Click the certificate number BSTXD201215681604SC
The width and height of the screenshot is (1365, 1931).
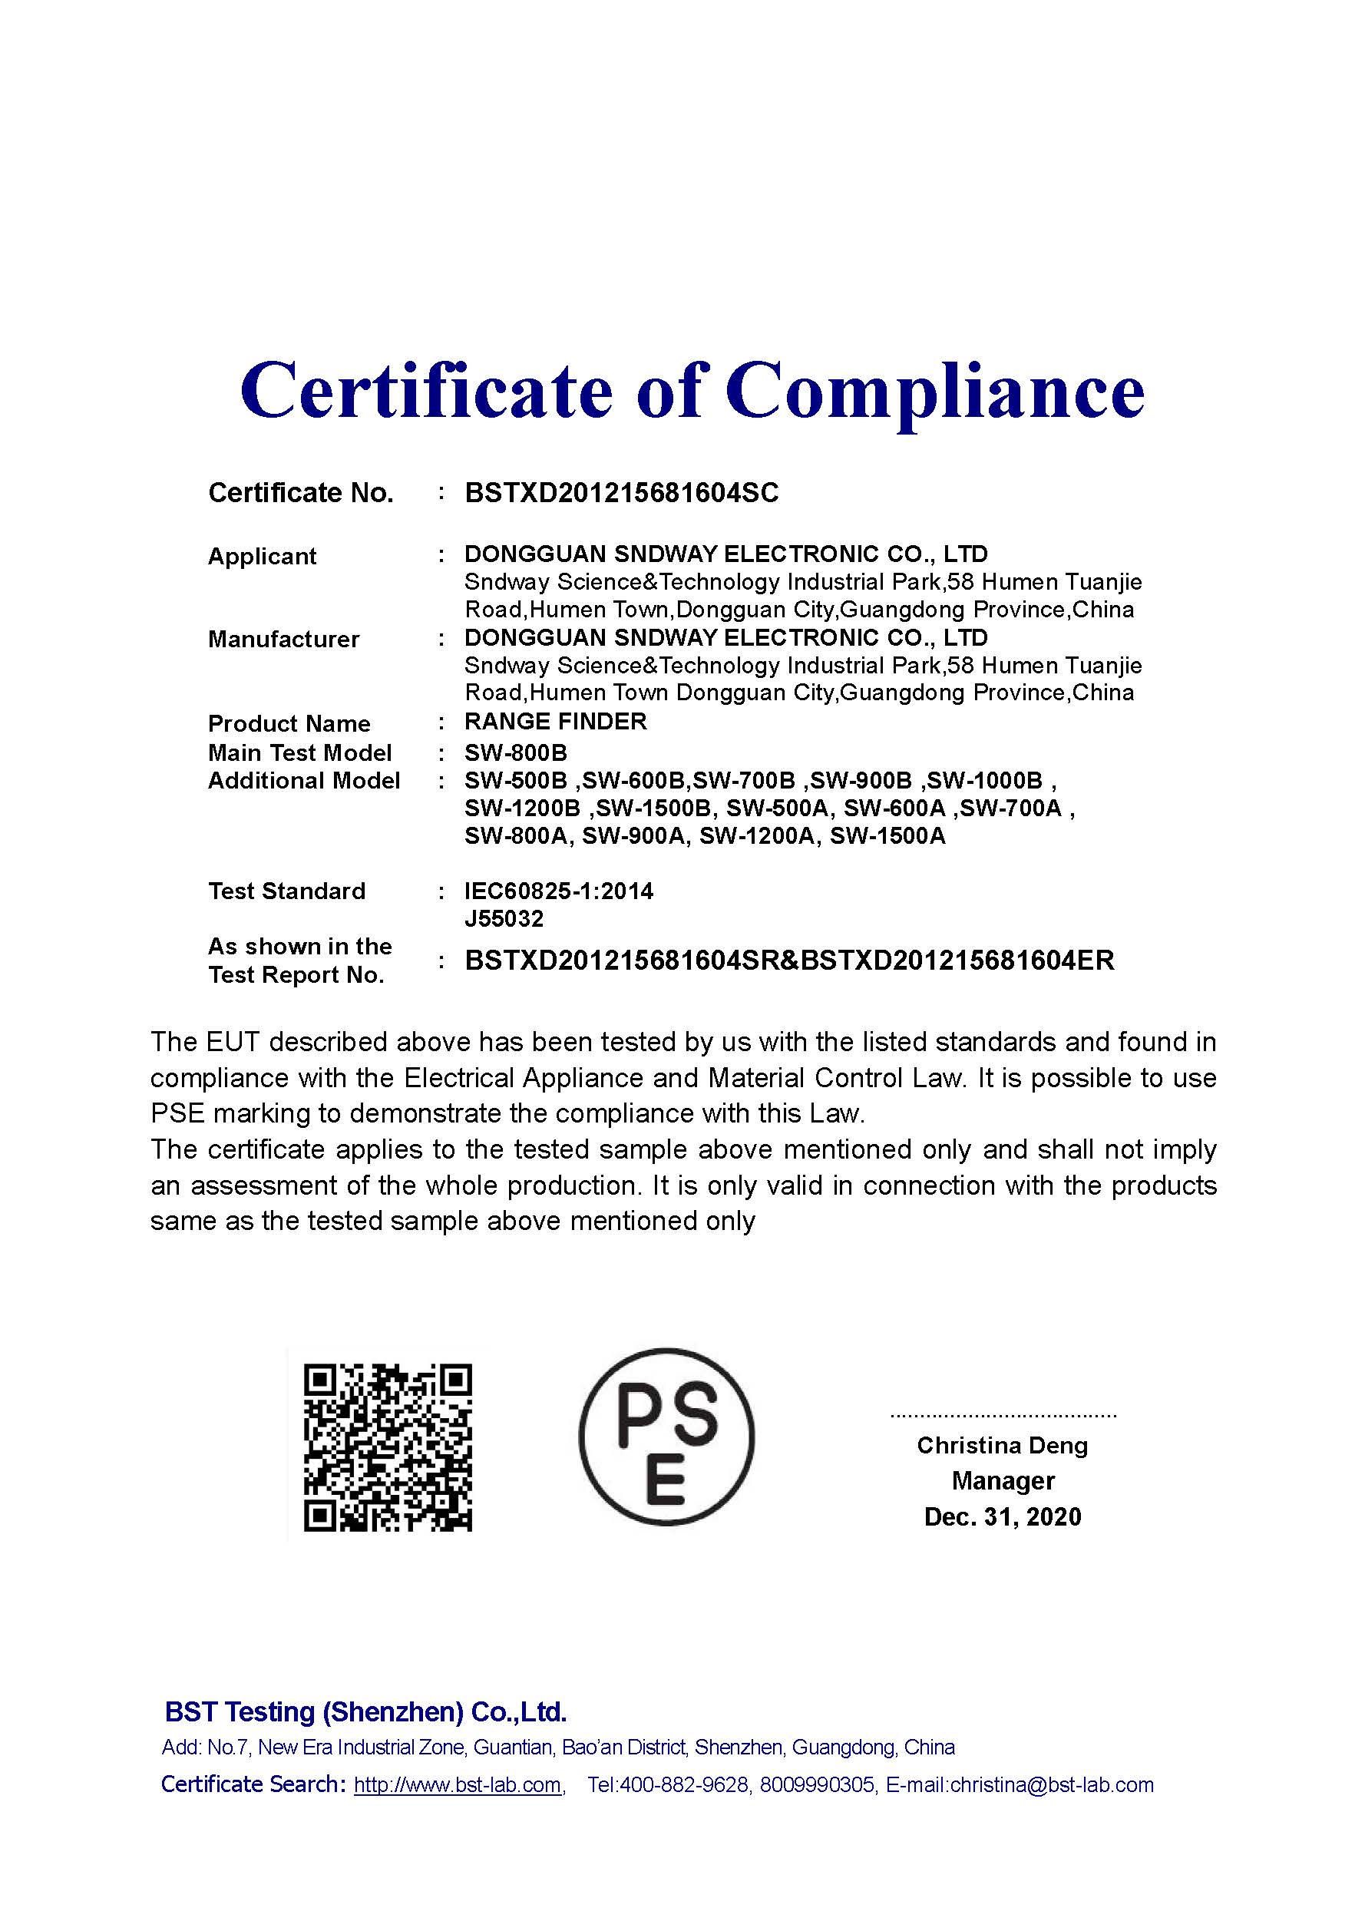click(x=622, y=493)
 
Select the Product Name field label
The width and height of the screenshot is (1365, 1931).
click(x=289, y=723)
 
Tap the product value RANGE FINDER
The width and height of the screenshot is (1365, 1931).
click(x=555, y=722)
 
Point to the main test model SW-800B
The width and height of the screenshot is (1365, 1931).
click(x=516, y=752)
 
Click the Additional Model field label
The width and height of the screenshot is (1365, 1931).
click(x=303, y=781)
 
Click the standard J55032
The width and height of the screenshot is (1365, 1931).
click(x=504, y=918)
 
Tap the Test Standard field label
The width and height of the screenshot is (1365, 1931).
click(x=286, y=891)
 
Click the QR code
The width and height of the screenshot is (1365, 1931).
click(x=387, y=1448)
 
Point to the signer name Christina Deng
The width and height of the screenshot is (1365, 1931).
click(x=1002, y=1445)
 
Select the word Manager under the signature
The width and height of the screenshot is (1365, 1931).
click(x=1003, y=1480)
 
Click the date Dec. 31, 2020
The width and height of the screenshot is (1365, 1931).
click(x=1003, y=1516)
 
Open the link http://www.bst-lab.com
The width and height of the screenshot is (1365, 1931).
click(x=458, y=1784)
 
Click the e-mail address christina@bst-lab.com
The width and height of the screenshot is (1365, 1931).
click(x=1051, y=1784)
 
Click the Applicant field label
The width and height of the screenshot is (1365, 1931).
click(x=262, y=556)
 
